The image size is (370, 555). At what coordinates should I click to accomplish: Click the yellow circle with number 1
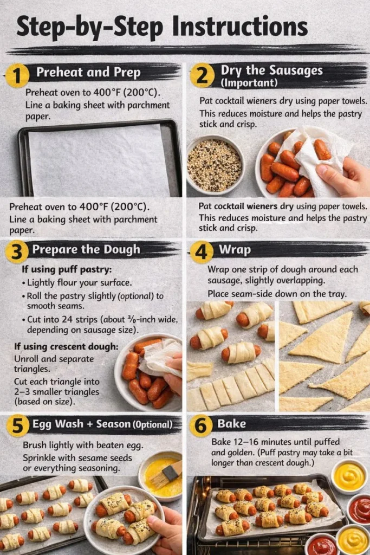[x=17, y=75]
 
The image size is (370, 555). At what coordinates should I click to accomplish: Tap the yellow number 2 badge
[x=202, y=75]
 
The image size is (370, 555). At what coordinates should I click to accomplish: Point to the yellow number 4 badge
[x=202, y=252]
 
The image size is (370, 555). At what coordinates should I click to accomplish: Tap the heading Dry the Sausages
[x=271, y=70]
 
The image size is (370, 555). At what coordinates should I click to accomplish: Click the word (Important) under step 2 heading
[x=249, y=83]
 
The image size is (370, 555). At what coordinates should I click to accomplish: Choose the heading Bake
[x=232, y=424]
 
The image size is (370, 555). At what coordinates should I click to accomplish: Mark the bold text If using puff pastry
[x=60, y=269]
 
